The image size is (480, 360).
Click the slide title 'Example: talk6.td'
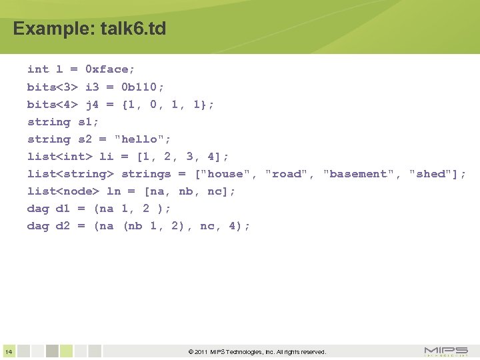(x=89, y=29)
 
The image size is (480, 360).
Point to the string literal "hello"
(x=143, y=139)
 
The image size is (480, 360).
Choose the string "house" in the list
(x=226, y=173)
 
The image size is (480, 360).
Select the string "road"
(x=287, y=173)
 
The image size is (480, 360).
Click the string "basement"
(x=359, y=173)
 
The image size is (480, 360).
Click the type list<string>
(x=70, y=173)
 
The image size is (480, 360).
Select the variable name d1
(x=63, y=208)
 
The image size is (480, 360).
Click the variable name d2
(x=63, y=225)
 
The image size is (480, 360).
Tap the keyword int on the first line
(x=38, y=69)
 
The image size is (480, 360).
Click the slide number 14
(x=9, y=351)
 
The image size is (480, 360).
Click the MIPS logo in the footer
(x=446, y=351)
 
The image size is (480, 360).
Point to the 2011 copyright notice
(x=257, y=351)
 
